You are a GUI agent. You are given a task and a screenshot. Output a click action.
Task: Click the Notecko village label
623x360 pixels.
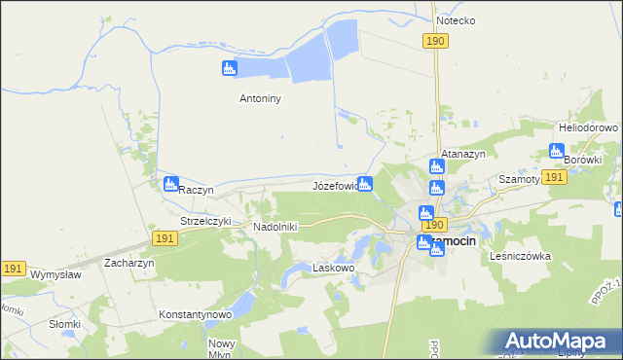click(456, 19)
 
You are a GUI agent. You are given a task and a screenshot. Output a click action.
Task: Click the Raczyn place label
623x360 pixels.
click(197, 189)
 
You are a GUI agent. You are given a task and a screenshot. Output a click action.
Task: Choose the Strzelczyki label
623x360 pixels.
click(206, 221)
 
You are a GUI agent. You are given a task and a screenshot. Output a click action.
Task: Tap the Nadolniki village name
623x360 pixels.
click(275, 227)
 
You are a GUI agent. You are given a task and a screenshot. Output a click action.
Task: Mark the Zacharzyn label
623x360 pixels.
click(131, 263)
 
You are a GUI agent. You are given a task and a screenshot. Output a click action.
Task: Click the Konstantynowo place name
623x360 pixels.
click(195, 315)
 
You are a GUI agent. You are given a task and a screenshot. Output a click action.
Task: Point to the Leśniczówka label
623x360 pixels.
click(521, 256)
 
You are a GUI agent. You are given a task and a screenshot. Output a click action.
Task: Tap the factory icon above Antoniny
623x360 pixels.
click(229, 68)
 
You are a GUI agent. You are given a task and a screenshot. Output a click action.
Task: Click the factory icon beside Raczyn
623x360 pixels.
click(171, 183)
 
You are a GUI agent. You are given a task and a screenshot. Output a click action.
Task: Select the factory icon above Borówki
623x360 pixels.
click(556, 151)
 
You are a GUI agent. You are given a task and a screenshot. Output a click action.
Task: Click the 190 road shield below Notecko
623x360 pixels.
click(435, 40)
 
